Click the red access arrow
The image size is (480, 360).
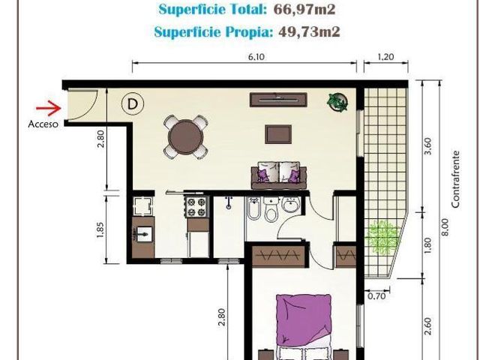[x=49, y=108]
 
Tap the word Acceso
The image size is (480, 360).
[x=43, y=124]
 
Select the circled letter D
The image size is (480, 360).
[x=133, y=104]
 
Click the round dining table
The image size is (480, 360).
[x=185, y=137]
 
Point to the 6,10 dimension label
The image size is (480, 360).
[x=256, y=57]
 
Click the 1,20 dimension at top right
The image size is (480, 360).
[x=385, y=57]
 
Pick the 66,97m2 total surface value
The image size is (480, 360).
[x=304, y=10]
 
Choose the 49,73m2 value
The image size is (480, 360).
[x=309, y=31]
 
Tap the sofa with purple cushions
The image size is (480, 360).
[x=279, y=175]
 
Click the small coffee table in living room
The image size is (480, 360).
[x=278, y=134]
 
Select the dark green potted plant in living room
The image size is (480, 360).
[x=337, y=102]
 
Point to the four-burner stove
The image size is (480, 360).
[x=196, y=207]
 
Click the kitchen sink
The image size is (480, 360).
[x=143, y=235]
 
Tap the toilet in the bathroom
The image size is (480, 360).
[x=271, y=209]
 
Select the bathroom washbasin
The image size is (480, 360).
[x=292, y=204]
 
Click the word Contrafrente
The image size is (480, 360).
[x=456, y=179]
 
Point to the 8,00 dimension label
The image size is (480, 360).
[x=445, y=226]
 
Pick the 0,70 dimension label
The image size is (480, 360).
[x=376, y=296]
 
